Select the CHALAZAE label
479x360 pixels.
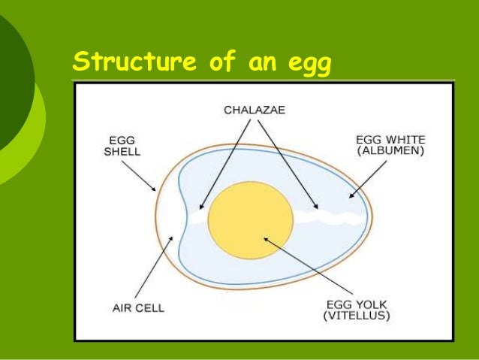(x=255, y=110)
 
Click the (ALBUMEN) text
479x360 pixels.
(x=390, y=150)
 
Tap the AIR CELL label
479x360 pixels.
(x=139, y=308)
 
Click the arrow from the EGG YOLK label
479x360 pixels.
(x=305, y=267)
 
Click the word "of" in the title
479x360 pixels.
(x=223, y=62)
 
